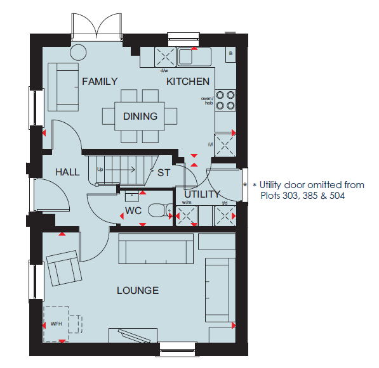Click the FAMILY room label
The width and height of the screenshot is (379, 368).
tap(100, 82)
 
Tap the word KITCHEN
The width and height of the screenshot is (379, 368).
tap(188, 82)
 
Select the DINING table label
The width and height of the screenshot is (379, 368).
tap(140, 117)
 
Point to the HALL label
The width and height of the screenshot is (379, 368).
tap(67, 172)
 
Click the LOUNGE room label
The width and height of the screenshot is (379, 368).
tap(138, 290)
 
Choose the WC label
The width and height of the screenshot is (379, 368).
tap(133, 211)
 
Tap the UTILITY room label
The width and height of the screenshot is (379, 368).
tap(202, 194)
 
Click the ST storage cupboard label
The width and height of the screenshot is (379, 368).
tap(164, 173)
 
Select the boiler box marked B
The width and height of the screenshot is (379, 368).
tap(230, 54)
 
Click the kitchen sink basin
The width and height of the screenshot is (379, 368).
tap(185, 57)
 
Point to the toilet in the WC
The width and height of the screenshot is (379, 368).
tap(160, 210)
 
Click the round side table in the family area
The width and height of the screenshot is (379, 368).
tap(78, 52)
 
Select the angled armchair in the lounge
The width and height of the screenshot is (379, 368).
tap(64, 268)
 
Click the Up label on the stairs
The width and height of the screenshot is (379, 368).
tap(100, 170)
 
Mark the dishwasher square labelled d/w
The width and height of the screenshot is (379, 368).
tap(165, 57)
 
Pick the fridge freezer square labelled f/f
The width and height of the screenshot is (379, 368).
tap(225, 145)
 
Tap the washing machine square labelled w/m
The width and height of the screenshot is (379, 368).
tap(187, 215)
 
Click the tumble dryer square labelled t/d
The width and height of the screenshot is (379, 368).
tap(225, 215)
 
